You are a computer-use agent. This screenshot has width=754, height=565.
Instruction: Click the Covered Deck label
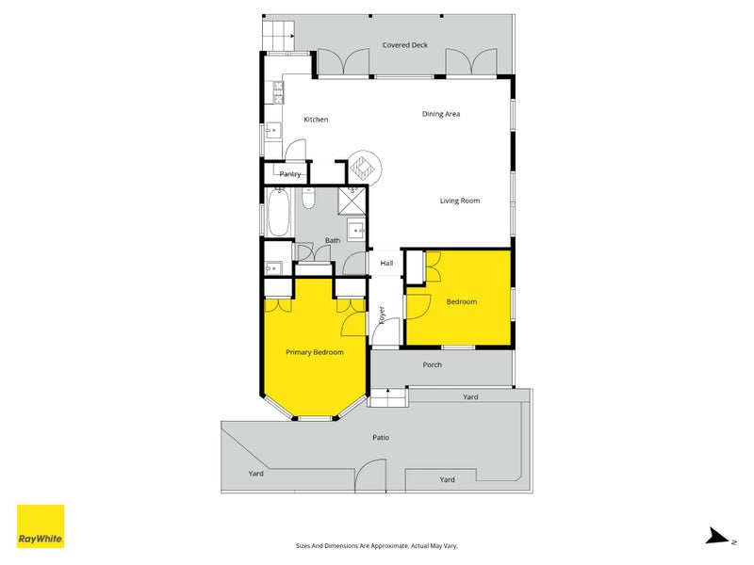click(404, 45)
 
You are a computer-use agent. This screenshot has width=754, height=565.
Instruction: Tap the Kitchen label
click(316, 120)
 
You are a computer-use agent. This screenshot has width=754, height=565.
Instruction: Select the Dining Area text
click(440, 114)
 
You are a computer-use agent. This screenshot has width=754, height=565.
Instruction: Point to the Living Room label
click(460, 201)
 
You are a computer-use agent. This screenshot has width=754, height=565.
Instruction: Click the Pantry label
click(290, 174)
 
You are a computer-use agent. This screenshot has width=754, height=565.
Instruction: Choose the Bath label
click(333, 241)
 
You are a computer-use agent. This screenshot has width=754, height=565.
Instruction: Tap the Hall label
click(386, 264)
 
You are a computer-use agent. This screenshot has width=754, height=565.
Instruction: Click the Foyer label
click(382, 315)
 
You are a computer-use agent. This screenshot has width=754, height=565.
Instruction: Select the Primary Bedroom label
click(314, 352)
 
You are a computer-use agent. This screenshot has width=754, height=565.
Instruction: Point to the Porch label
click(432, 364)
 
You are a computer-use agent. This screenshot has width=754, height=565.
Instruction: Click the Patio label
click(380, 438)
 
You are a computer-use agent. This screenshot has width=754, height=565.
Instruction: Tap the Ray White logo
click(41, 526)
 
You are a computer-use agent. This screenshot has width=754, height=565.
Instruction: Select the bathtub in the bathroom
click(279, 214)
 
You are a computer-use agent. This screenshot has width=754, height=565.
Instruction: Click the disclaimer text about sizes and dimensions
click(377, 545)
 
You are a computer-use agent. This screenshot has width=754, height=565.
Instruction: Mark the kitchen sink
click(272, 131)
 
